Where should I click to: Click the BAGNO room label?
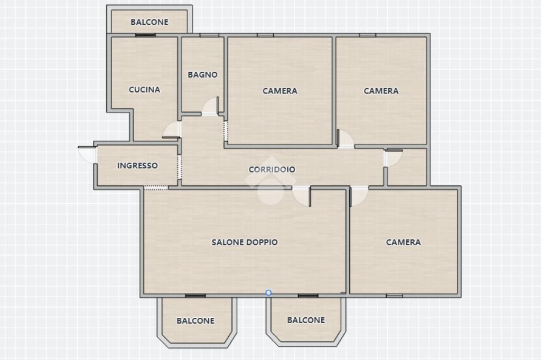pos(202,74)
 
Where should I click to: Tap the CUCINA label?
pos(145,90)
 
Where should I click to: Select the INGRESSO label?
pos(137,166)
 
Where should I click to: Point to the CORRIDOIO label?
pos(272,169)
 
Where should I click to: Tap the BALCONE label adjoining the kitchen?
pos(150,22)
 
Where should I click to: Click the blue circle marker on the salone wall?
pos(268,293)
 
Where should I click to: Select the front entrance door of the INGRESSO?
pos(87,154)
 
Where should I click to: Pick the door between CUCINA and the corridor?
pos(172,131)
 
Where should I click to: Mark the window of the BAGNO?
pos(209,35)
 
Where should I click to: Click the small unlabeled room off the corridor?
pos(407,167)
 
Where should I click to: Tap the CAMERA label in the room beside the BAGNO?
pos(280,91)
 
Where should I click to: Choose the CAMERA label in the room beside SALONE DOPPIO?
pos(403,242)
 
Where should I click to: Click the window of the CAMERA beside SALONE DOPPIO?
pos(394,296)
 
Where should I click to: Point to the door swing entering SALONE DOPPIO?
pos(302,196)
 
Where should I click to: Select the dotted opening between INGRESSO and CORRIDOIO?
pos(180,167)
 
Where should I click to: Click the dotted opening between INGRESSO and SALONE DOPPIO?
pos(156,188)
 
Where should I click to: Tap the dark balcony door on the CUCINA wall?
pos(145,35)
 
